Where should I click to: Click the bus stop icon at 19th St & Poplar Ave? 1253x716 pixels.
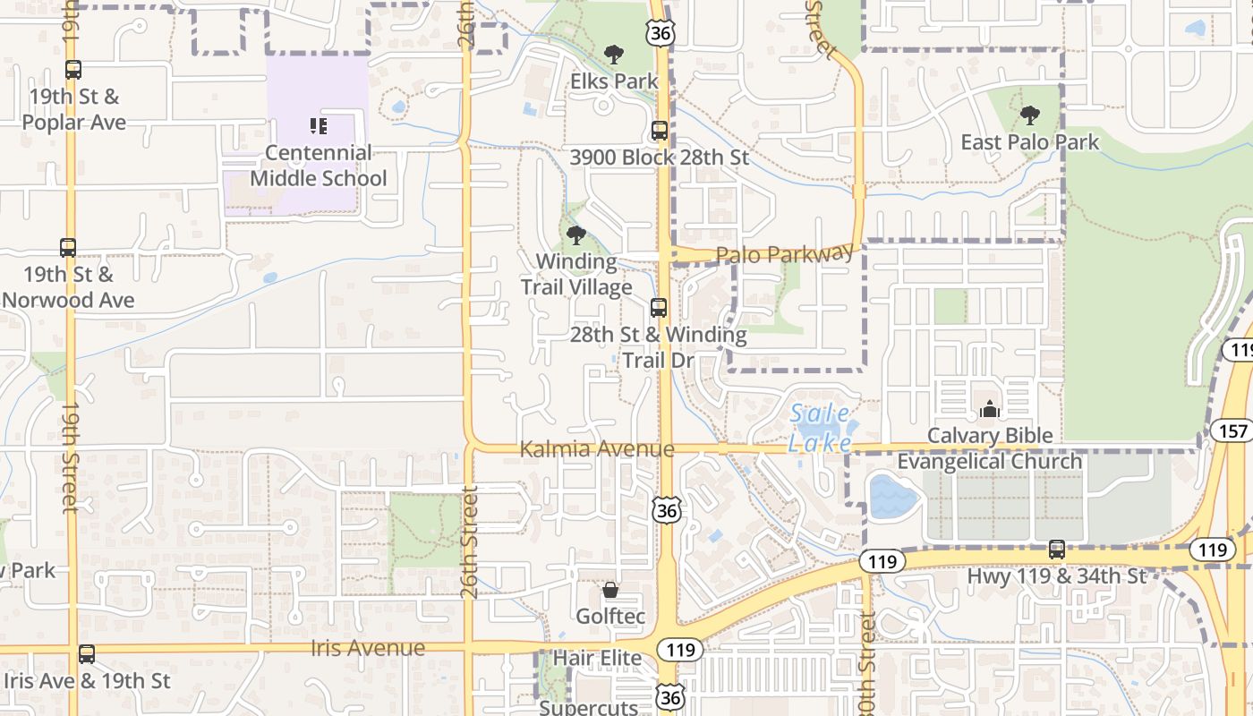coord(73,69)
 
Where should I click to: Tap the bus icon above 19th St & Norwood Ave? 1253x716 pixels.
coord(68,248)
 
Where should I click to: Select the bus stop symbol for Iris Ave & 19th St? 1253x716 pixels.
coord(86,654)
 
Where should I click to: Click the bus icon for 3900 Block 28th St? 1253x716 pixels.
coord(660,131)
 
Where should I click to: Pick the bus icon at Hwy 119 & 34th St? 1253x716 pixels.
coord(1056,550)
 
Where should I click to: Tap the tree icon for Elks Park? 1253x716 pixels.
coord(613,55)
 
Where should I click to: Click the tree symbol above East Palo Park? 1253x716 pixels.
coord(1029,115)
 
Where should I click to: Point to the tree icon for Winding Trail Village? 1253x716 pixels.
coord(576,236)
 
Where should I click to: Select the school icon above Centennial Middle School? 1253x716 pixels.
coord(319,126)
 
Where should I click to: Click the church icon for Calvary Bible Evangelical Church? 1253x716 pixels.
coord(989,409)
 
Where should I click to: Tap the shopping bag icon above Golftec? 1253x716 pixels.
coord(610,590)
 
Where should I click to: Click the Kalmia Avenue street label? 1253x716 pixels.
coord(597,448)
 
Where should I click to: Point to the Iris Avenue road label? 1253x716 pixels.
coord(368,648)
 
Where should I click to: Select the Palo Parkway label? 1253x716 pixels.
coord(785,254)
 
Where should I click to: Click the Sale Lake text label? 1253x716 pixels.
coord(819,429)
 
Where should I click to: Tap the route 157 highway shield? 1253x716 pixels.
coord(1232,431)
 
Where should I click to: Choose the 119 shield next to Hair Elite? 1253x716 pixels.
coord(680,650)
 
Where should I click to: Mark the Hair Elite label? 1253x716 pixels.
coord(597,659)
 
